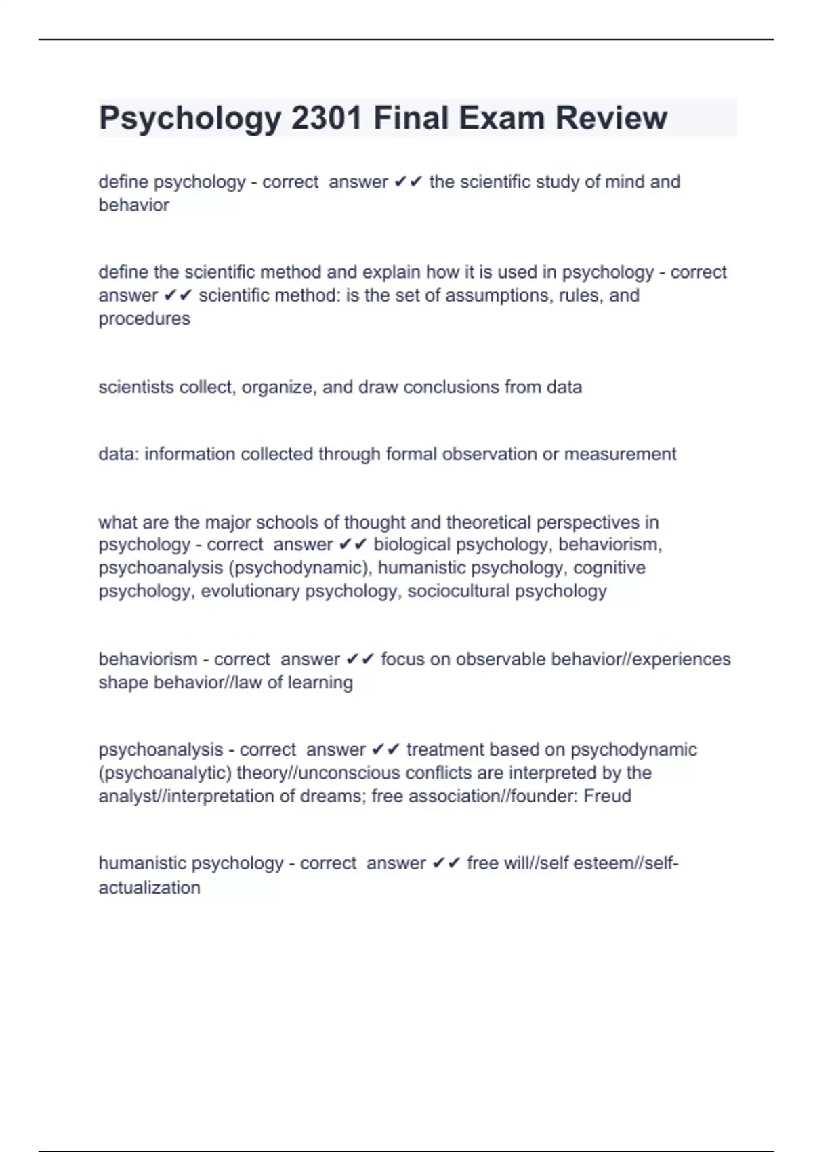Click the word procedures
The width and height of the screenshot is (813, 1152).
(144, 318)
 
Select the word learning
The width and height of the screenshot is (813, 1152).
(320, 682)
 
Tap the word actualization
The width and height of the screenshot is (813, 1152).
(149, 888)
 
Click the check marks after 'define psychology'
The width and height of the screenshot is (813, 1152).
(409, 182)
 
